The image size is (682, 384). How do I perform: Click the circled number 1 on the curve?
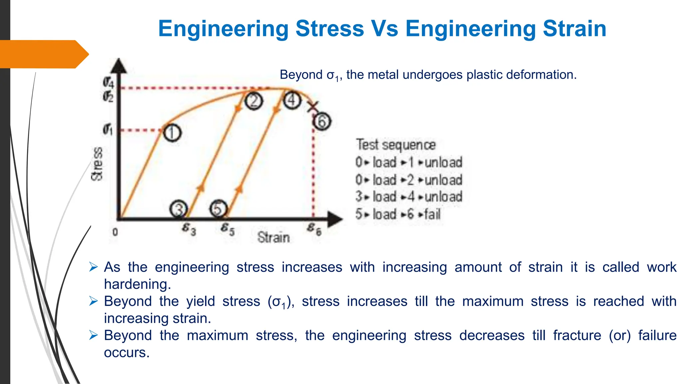(172, 133)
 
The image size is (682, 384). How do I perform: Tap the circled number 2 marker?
(254, 101)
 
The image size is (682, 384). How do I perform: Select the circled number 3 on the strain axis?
(179, 209)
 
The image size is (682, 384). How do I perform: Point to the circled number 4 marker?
(292, 100)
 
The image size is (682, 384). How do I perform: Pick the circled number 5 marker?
(218, 209)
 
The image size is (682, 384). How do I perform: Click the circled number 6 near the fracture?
(322, 121)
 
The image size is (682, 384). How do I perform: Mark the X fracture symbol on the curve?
(313, 107)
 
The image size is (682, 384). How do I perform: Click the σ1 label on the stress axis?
(108, 129)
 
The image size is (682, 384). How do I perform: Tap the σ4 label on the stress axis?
(108, 82)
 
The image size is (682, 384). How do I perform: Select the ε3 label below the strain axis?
(189, 229)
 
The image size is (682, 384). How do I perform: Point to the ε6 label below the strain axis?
(314, 229)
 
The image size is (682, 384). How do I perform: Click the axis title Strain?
(273, 237)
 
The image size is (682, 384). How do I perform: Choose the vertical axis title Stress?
(97, 164)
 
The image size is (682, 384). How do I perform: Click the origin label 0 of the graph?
(115, 232)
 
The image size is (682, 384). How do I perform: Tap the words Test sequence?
(396, 145)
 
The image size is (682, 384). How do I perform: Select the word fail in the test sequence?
(432, 214)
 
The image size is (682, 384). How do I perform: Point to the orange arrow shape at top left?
(43, 54)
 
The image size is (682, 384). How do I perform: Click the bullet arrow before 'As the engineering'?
(94, 267)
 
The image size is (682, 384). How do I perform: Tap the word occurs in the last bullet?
(127, 353)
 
